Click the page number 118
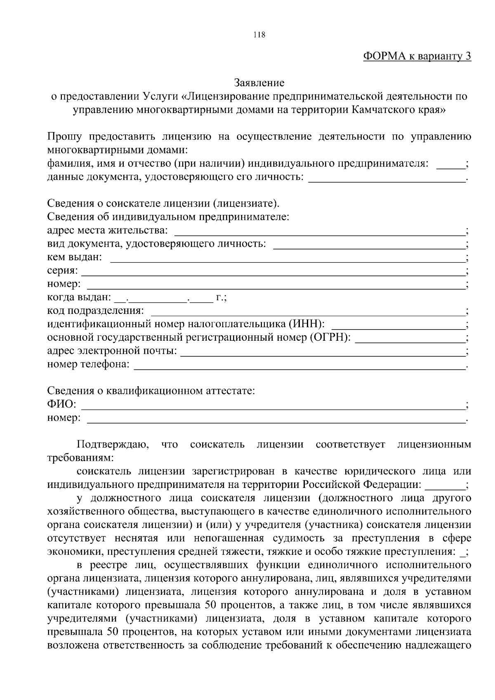pos(259,35)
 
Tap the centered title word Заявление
pos(259,83)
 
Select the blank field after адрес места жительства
pos(320,231)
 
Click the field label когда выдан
pos(78,297)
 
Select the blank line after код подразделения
pos(307,311)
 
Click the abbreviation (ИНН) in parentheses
pos(306,324)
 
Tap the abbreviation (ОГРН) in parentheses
pos(330,338)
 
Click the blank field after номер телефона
pos(299,365)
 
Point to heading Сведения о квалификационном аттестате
pos(151,391)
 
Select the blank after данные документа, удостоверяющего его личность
pos(387,178)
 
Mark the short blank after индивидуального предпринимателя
pos(450,165)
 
